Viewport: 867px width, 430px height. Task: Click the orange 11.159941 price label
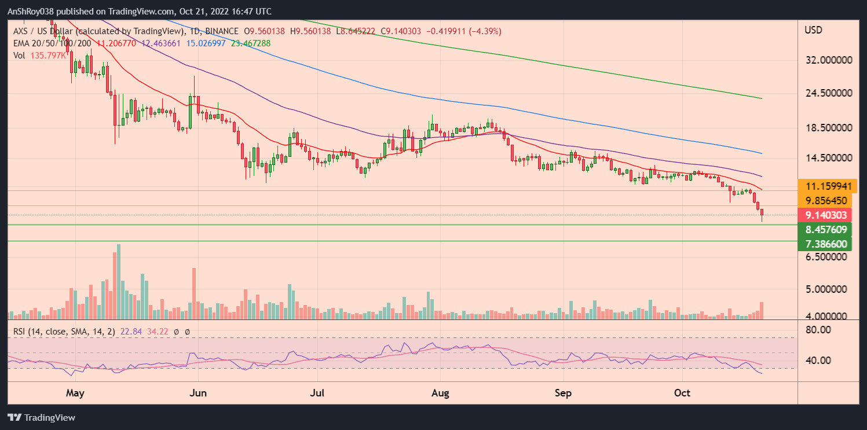click(827, 186)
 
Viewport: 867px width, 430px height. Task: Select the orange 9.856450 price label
click(827, 201)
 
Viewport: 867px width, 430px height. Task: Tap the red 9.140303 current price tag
click(827, 215)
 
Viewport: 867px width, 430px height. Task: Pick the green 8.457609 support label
click(827, 230)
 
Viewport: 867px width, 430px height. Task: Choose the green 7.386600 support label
click(827, 244)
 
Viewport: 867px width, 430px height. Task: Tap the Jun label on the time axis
click(198, 394)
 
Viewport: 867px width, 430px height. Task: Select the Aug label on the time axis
click(441, 394)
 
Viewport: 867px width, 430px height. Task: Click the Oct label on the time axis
click(682, 394)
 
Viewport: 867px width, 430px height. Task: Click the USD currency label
click(814, 30)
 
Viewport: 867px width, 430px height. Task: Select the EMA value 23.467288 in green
click(247, 43)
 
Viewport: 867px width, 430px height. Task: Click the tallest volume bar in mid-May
click(119, 282)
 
